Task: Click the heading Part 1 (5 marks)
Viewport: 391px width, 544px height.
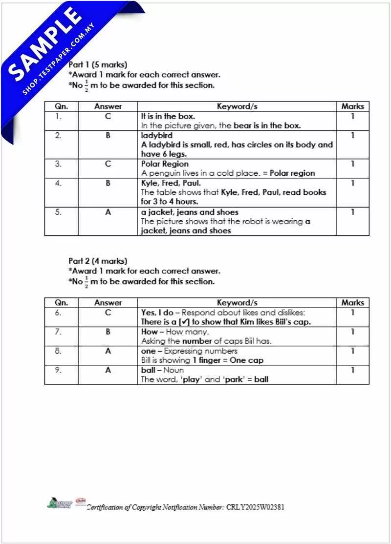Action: (x=98, y=64)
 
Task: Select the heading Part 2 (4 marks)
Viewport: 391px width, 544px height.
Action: (x=98, y=261)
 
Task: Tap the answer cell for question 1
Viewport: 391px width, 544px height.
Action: (x=108, y=116)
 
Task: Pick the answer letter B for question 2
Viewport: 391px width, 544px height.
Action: (x=108, y=135)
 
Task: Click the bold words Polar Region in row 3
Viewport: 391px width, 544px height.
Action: (x=165, y=164)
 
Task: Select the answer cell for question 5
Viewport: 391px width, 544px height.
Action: (x=108, y=212)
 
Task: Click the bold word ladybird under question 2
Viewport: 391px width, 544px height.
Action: (x=156, y=135)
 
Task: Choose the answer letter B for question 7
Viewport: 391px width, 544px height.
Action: (x=108, y=332)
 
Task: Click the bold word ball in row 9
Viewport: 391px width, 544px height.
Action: (x=147, y=370)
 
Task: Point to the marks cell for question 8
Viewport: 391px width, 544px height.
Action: (x=352, y=351)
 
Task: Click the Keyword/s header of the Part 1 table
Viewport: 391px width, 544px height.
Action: (x=237, y=106)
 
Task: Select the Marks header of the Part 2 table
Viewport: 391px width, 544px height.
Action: (x=352, y=302)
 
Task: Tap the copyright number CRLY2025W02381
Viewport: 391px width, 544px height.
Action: (x=255, y=507)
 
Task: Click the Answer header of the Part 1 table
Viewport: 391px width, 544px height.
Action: (x=108, y=106)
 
